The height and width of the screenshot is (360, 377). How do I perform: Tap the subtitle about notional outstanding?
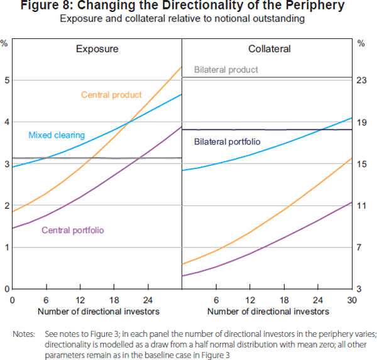182,19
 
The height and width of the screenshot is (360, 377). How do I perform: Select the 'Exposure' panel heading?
97,48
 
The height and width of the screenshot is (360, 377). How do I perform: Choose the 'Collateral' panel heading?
266,48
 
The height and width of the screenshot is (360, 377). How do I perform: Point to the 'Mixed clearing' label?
57,134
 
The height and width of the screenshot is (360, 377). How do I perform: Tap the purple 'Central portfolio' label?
72,230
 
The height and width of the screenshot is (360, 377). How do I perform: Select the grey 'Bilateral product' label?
226,70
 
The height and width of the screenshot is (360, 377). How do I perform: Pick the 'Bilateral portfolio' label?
227,142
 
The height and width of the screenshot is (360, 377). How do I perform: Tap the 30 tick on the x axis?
352,300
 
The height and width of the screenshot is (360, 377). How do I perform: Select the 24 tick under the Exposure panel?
148,300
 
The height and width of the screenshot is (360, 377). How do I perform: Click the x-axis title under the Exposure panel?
98,311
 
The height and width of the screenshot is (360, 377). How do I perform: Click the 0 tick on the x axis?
13,300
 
